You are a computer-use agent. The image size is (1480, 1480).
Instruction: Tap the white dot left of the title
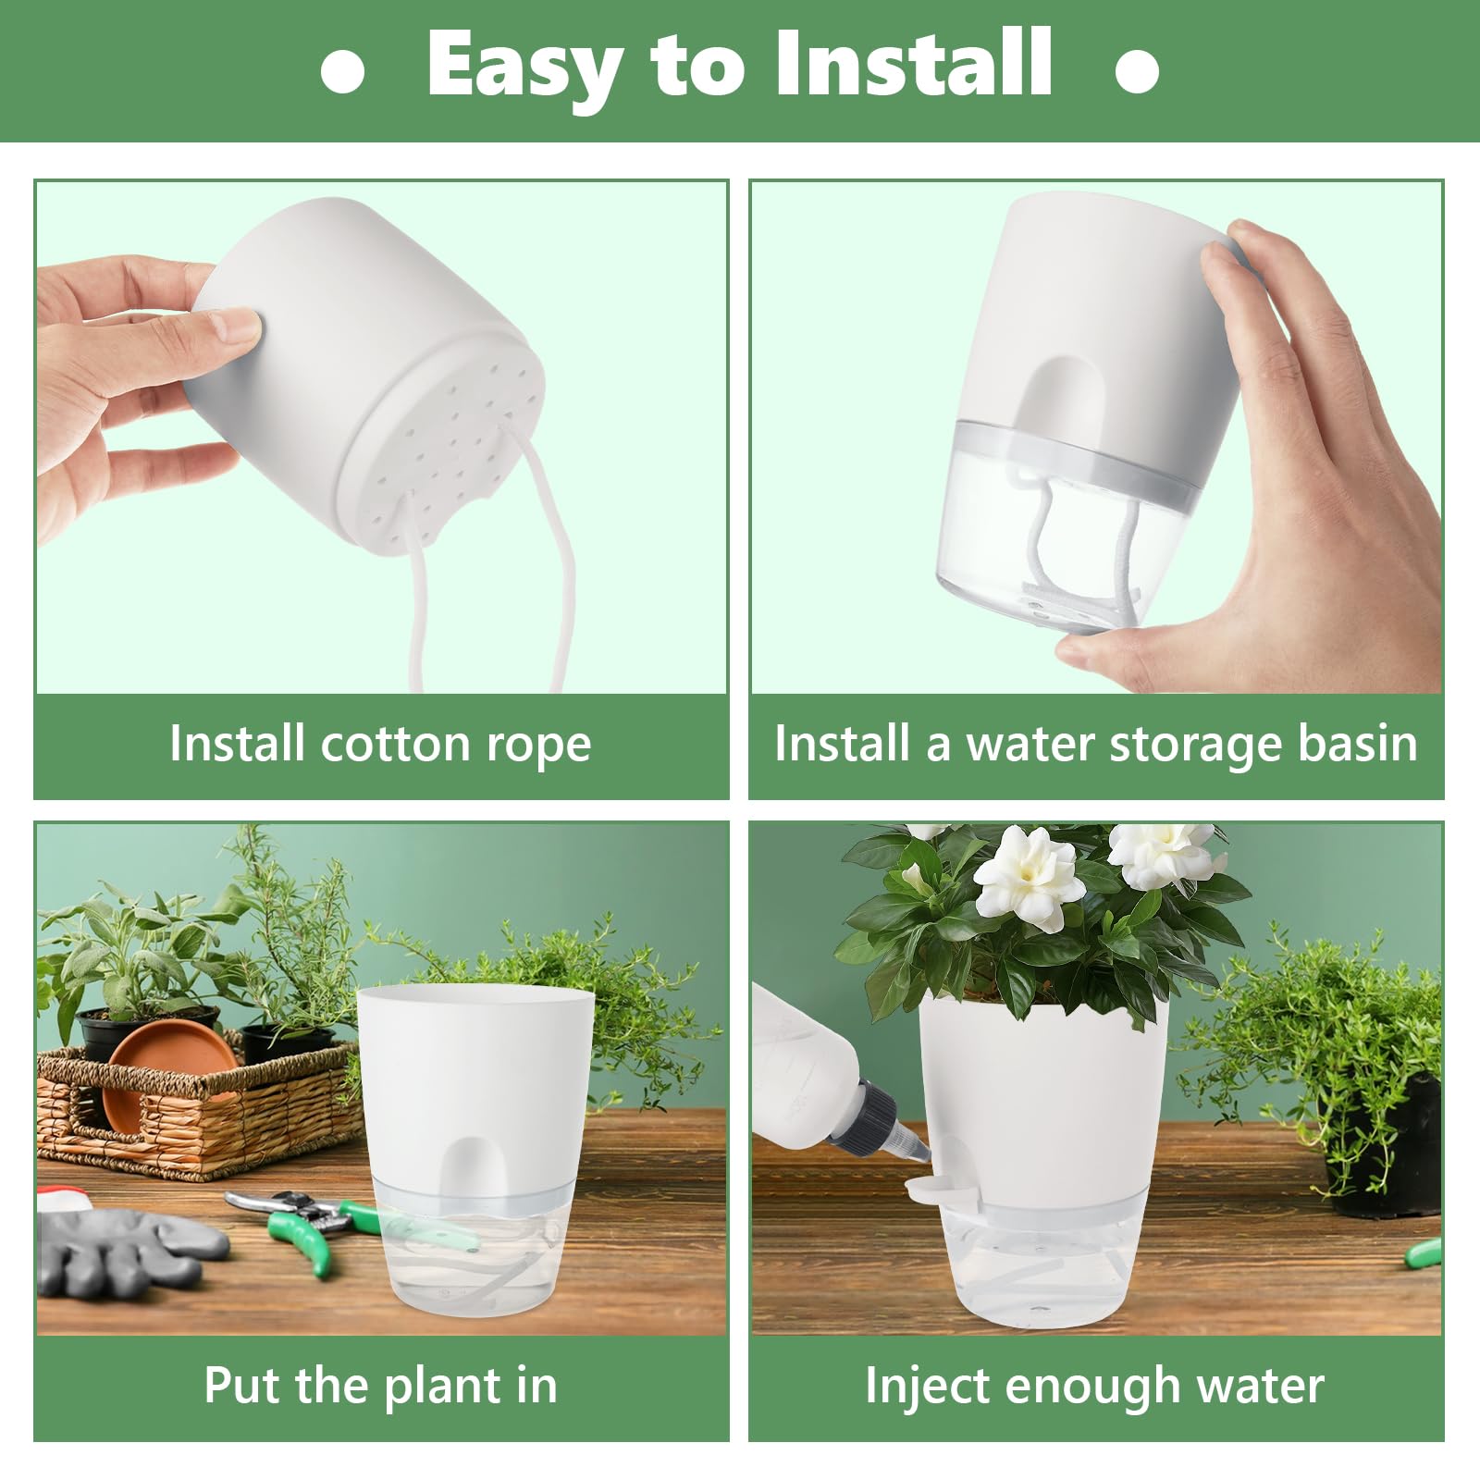point(342,71)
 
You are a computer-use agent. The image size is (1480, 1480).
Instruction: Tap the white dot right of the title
point(1137,71)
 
